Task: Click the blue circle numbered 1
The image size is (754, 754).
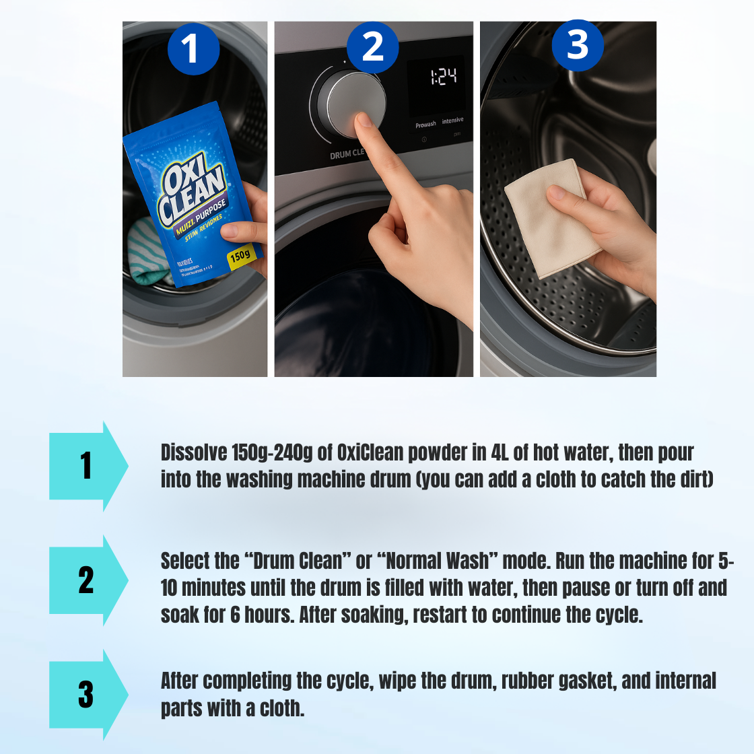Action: pyautogui.click(x=193, y=48)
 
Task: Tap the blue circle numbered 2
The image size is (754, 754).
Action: pyautogui.click(x=373, y=47)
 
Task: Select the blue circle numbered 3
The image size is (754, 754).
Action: pyautogui.click(x=578, y=45)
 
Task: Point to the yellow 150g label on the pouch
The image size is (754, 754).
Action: pyautogui.click(x=240, y=256)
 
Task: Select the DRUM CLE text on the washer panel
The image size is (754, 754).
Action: pyautogui.click(x=346, y=154)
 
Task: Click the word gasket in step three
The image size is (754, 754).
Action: pyautogui.click(x=586, y=681)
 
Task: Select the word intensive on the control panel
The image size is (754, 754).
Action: pyautogui.click(x=452, y=121)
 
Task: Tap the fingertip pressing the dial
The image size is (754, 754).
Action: pyautogui.click(x=365, y=121)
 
